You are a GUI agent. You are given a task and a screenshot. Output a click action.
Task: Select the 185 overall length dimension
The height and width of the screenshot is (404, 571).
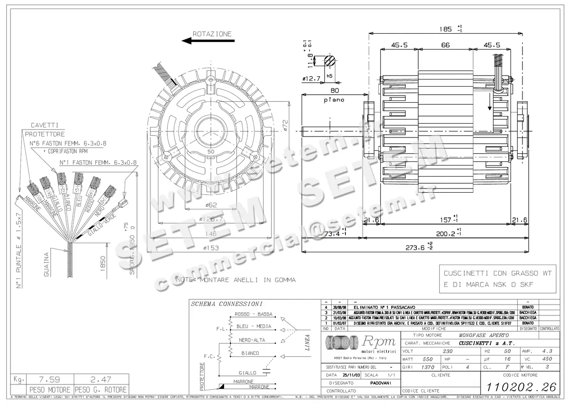[x=445, y=29]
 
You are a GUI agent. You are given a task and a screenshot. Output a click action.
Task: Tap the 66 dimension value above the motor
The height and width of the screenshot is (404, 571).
[x=445, y=45]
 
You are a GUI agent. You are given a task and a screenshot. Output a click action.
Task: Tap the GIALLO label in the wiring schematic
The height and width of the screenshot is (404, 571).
[x=247, y=373]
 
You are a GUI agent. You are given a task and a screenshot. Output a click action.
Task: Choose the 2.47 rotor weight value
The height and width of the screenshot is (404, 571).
[x=101, y=380]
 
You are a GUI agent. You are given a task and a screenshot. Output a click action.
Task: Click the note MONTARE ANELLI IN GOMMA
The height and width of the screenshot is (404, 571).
[x=235, y=280]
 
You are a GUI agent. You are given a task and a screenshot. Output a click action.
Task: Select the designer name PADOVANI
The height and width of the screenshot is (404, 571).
[x=381, y=383]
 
